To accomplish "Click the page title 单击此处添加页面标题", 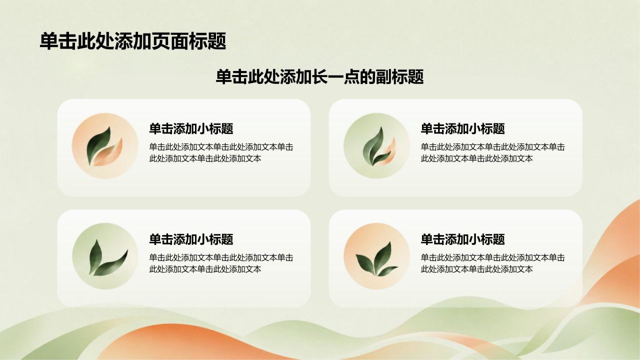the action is coord(133,41).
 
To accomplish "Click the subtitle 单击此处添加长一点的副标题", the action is coord(319,77).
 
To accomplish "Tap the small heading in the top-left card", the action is coord(191,129).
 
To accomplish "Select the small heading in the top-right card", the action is coord(463,129).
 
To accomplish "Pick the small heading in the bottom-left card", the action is coord(191,239).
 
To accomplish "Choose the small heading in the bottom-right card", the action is coord(463,239).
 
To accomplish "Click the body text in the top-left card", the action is coord(221,153).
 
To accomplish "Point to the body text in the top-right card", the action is coord(493,153).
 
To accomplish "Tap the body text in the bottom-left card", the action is coord(221,263).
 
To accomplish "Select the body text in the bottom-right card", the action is coord(493,263).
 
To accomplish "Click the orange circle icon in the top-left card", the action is coord(105,146).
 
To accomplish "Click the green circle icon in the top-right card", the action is coord(376,146).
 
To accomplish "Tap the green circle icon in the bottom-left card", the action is coord(105,256).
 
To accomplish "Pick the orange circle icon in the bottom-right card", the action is coord(376,256).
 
